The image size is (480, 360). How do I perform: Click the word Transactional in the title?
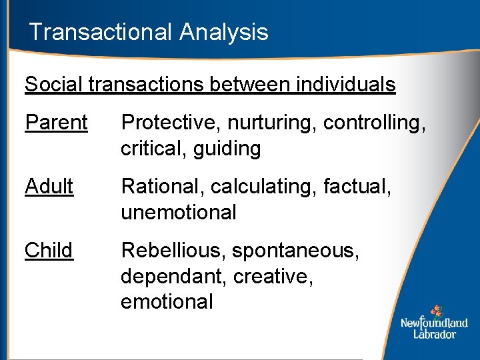pyautogui.click(x=98, y=32)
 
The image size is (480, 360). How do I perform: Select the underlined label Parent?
pyautogui.click(x=56, y=123)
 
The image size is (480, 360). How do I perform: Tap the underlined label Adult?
pyautogui.click(x=49, y=187)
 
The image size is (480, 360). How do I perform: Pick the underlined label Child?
pyautogui.click(x=49, y=251)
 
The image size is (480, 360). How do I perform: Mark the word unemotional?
pyautogui.click(x=179, y=213)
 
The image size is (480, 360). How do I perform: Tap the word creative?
pyautogui.click(x=274, y=277)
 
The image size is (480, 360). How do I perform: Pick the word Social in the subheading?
pyautogui.click(x=54, y=85)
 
